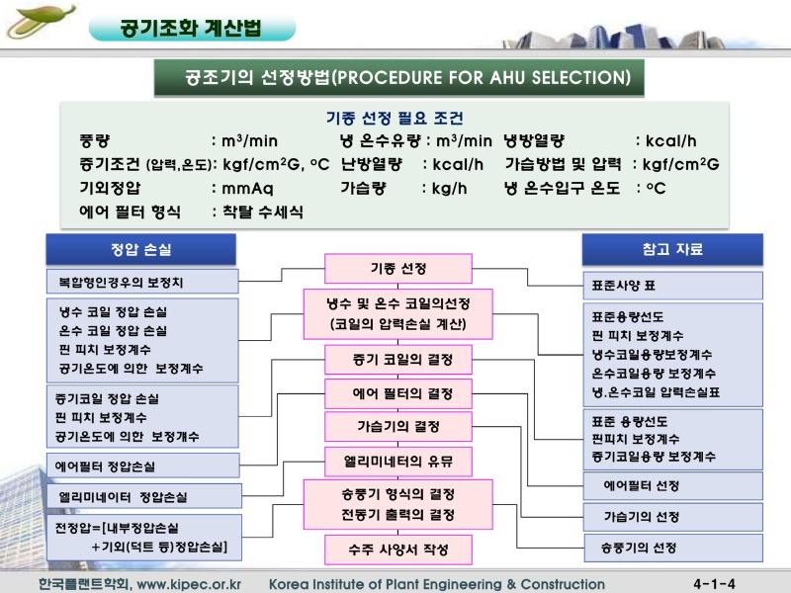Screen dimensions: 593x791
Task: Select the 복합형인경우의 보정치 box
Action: [142, 283]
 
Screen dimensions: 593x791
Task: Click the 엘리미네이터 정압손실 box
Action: [142, 496]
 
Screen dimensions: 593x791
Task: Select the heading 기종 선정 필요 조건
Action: [395, 119]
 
